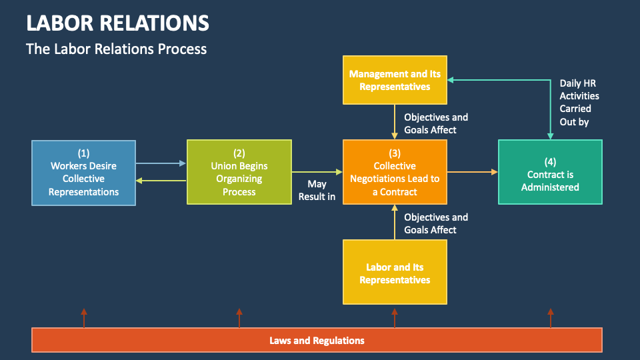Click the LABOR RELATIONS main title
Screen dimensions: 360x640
(117, 23)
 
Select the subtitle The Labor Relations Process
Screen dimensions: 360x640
(116, 49)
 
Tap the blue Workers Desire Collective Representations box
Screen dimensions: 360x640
(84, 173)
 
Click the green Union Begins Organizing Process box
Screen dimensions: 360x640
(239, 173)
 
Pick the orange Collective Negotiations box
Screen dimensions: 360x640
(395, 173)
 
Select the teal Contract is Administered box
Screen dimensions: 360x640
(550, 173)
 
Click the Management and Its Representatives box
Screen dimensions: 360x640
(395, 80)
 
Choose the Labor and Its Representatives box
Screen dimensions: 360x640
(395, 273)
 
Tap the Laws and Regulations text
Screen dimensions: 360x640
(317, 340)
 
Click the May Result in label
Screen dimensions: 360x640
(317, 190)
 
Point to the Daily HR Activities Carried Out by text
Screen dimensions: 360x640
(579, 102)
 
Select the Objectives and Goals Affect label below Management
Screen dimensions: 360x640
(436, 123)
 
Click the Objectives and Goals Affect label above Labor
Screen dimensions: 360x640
(436, 223)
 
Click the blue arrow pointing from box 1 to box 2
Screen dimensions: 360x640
(161, 163)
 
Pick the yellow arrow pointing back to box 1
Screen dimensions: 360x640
(161, 181)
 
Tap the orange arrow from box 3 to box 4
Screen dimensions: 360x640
(472, 172)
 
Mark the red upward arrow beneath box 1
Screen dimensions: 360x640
(84, 317)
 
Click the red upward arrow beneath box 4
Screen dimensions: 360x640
(551, 317)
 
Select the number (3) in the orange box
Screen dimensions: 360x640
(395, 153)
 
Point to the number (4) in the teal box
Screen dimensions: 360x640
(550, 162)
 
